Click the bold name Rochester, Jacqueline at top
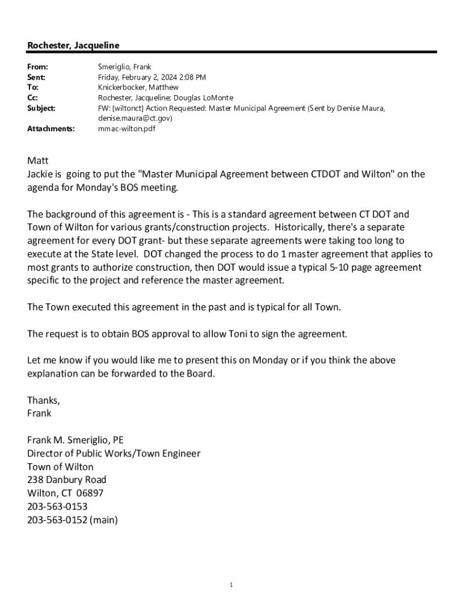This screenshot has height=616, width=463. coord(73,46)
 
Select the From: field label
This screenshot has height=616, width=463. coord(38,67)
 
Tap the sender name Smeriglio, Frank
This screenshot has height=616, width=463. coord(124,67)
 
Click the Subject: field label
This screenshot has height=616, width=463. coord(41,108)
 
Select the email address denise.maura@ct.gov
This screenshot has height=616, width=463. coord(135,119)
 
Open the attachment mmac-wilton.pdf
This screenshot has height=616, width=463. coord(127,129)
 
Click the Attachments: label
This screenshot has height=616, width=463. coord(51,129)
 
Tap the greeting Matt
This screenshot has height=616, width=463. coord(37,161)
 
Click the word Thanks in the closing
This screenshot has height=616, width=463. coord(43,400)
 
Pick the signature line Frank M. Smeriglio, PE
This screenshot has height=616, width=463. coord(75,440)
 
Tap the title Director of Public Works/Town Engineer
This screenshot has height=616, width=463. coord(114,454)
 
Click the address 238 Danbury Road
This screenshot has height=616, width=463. coord(67,480)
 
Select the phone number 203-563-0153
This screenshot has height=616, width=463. coord(57,507)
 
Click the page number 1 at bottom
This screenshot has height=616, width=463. coord(231,585)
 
